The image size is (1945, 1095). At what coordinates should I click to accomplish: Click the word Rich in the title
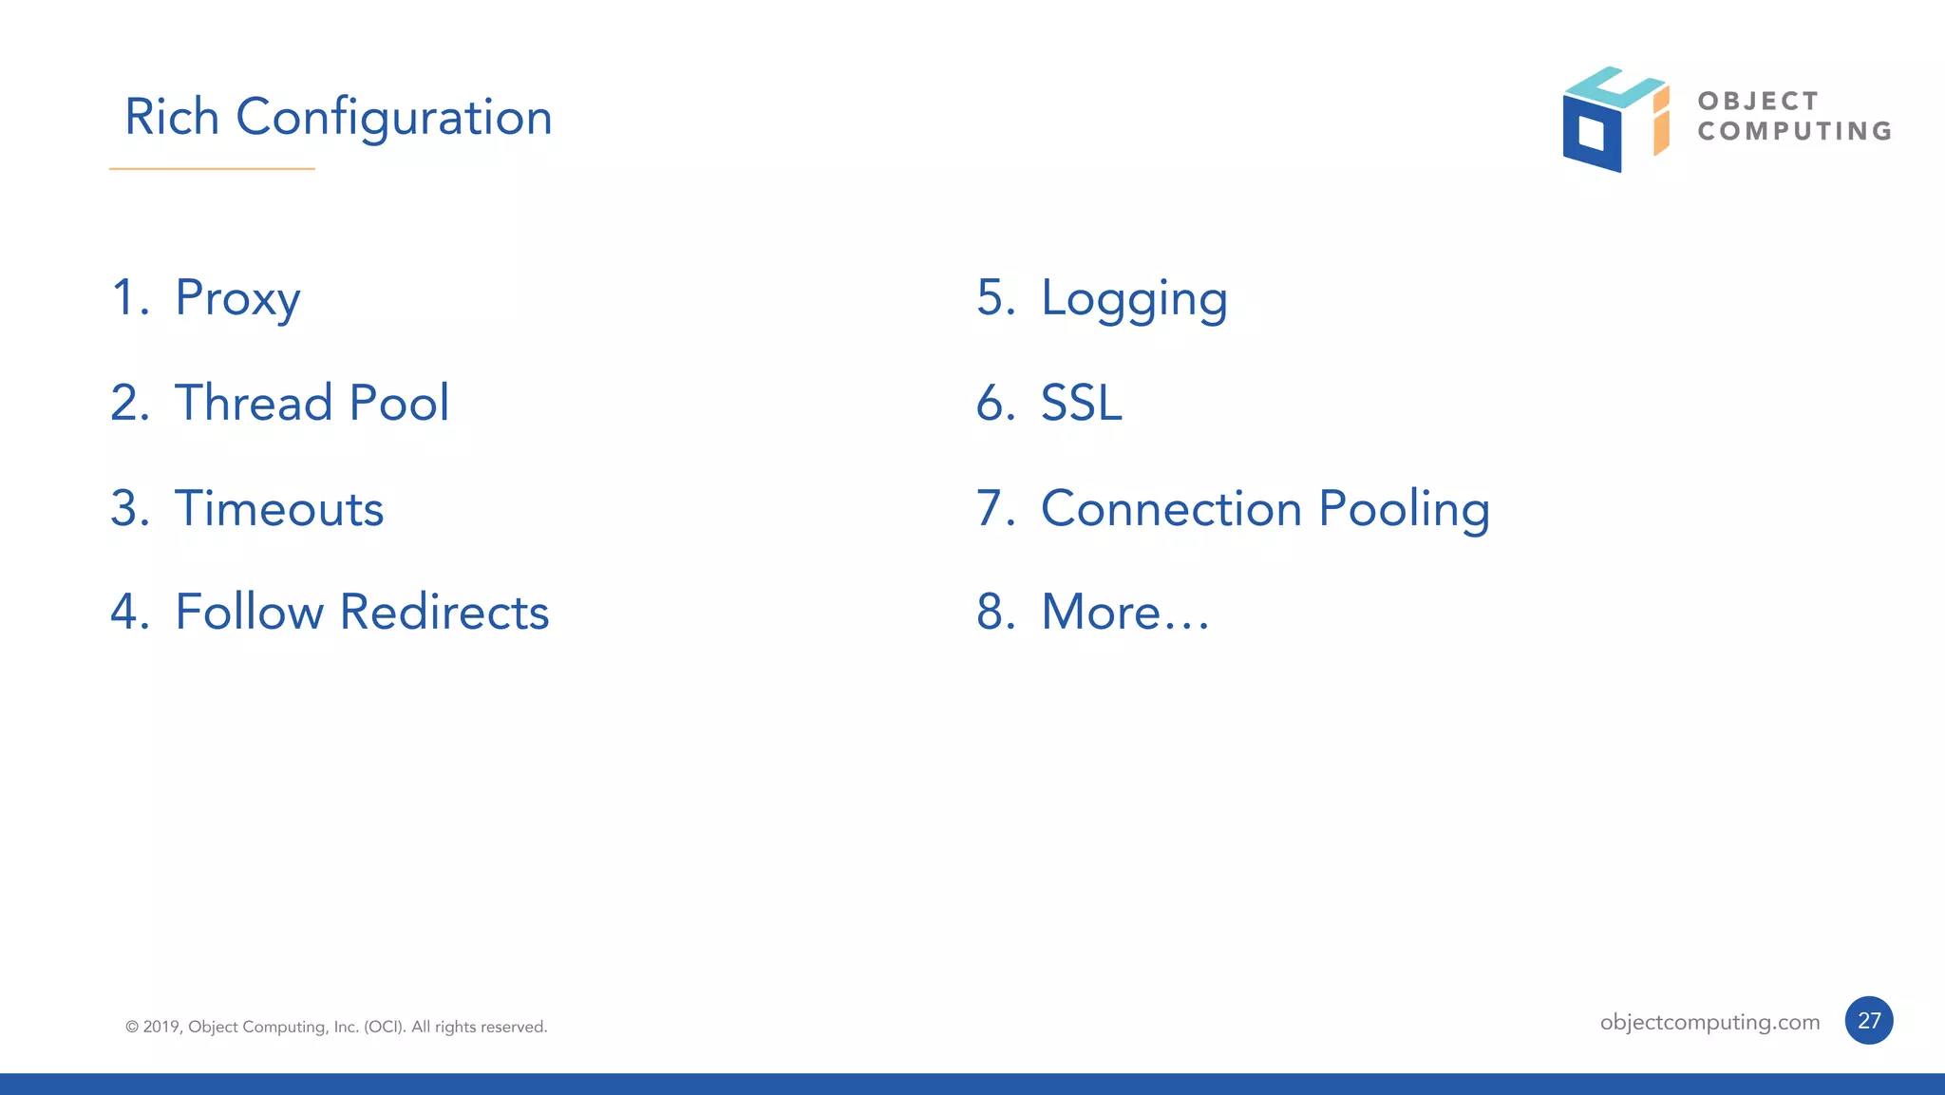pos(172,118)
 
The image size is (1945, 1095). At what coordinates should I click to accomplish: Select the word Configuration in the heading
pos(393,118)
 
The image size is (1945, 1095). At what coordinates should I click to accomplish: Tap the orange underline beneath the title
pos(212,169)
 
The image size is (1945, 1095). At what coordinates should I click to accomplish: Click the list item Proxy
pos(237,298)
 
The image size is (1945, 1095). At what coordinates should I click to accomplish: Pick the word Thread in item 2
pos(253,403)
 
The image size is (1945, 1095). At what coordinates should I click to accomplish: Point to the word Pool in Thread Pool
pos(399,403)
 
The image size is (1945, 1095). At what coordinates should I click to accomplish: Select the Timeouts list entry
pos(279,508)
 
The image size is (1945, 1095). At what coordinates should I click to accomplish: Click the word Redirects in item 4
pos(444,612)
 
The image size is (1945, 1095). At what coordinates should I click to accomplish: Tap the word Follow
pos(249,612)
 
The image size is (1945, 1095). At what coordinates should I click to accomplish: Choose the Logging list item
pos(1134,298)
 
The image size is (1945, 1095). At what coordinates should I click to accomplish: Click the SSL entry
pos(1082,403)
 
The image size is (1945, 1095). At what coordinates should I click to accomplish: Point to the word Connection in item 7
pos(1171,508)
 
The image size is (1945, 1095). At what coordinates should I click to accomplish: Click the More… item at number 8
pos(1125,612)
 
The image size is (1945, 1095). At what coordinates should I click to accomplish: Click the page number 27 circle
pos(1868,1021)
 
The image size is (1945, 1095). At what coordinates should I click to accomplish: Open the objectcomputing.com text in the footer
pos(1709,1022)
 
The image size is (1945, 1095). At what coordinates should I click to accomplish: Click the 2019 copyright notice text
pos(336,1027)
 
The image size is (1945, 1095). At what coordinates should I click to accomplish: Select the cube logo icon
pos(1614,120)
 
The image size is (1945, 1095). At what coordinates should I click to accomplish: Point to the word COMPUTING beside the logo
pos(1794,131)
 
